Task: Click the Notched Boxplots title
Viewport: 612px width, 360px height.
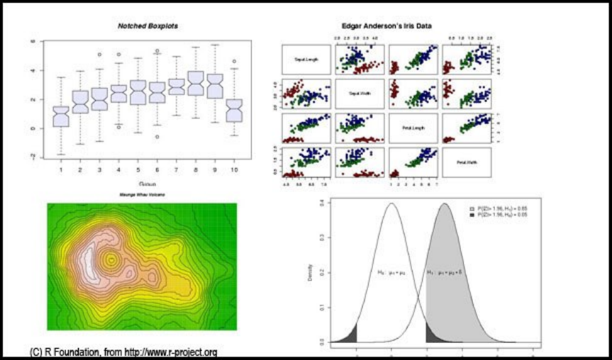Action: pos(148,26)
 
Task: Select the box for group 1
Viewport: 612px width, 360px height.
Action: pos(61,116)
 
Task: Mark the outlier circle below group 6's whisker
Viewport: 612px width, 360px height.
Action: pos(157,136)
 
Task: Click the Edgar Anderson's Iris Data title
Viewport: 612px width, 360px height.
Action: pos(388,26)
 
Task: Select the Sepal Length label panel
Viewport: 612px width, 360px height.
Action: pos(304,59)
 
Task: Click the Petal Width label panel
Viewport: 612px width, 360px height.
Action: pos(466,162)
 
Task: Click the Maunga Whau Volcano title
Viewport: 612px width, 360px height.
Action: pos(145,194)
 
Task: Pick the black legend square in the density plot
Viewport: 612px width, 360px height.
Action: pos(472,215)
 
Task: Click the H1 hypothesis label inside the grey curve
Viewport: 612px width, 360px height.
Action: pos(445,271)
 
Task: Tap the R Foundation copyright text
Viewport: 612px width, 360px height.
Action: pos(123,351)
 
